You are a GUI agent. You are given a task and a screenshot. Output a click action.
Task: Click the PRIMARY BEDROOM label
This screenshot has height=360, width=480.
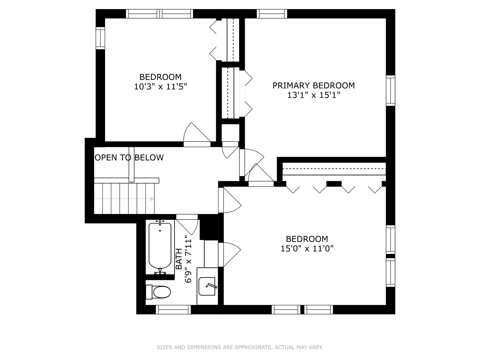click(313, 85)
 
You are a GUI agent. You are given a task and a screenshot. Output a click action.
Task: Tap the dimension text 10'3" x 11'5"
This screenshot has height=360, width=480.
click(160, 87)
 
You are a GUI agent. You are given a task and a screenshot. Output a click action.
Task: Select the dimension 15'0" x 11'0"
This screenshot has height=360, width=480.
click(307, 249)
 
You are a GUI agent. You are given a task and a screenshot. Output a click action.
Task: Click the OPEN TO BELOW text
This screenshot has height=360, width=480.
click(129, 157)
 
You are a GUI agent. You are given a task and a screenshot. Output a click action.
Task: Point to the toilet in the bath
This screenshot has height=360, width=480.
click(159, 292)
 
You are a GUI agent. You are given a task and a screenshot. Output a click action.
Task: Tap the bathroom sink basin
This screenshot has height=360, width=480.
click(207, 286)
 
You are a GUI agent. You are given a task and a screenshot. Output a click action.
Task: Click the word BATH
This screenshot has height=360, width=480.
click(179, 259)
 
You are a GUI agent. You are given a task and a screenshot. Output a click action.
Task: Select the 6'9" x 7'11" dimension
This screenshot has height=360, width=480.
click(188, 259)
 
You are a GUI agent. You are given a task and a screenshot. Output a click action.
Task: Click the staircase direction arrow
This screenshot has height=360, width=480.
click(152, 199)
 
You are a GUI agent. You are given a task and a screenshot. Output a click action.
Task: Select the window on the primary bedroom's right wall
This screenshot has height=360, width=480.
click(390, 91)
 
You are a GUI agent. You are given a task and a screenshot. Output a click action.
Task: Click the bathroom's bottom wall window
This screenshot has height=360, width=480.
click(173, 310)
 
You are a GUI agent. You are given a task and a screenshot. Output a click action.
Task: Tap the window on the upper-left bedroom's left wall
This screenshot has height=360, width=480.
click(100, 38)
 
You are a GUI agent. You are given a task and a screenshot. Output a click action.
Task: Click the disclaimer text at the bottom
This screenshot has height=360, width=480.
click(240, 347)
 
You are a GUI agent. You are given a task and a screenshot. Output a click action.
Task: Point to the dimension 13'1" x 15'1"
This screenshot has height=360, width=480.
click(313, 95)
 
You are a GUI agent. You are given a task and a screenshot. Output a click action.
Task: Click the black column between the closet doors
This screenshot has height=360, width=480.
click(334, 184)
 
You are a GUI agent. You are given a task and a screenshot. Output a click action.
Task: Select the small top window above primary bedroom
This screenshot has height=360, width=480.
click(272, 13)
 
